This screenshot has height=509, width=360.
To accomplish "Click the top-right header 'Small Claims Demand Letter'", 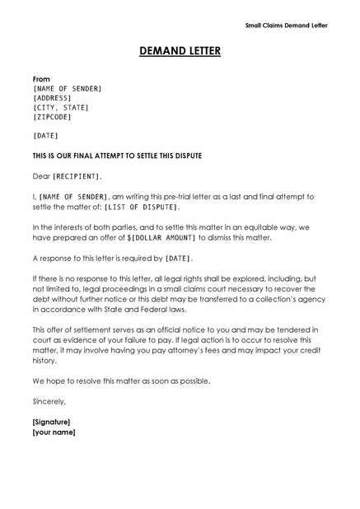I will (x=286, y=26).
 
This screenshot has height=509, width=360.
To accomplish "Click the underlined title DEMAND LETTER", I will (x=180, y=52).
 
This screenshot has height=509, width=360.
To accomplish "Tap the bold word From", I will (x=41, y=79).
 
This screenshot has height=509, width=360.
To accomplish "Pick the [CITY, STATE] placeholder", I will (x=60, y=108).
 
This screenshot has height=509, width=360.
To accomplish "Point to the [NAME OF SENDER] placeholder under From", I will (x=67, y=88).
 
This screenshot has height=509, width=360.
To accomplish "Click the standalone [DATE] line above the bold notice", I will (x=45, y=135).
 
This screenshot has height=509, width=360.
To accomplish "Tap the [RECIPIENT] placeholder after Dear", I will (x=77, y=176).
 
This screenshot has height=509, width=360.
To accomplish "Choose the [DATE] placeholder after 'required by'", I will (x=178, y=258).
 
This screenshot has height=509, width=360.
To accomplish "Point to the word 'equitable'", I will (x=254, y=227).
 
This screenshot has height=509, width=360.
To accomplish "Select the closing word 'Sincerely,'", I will (x=49, y=401).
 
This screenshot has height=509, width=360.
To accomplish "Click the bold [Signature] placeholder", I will (x=51, y=422).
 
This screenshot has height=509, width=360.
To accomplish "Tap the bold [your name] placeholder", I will (x=54, y=432).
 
